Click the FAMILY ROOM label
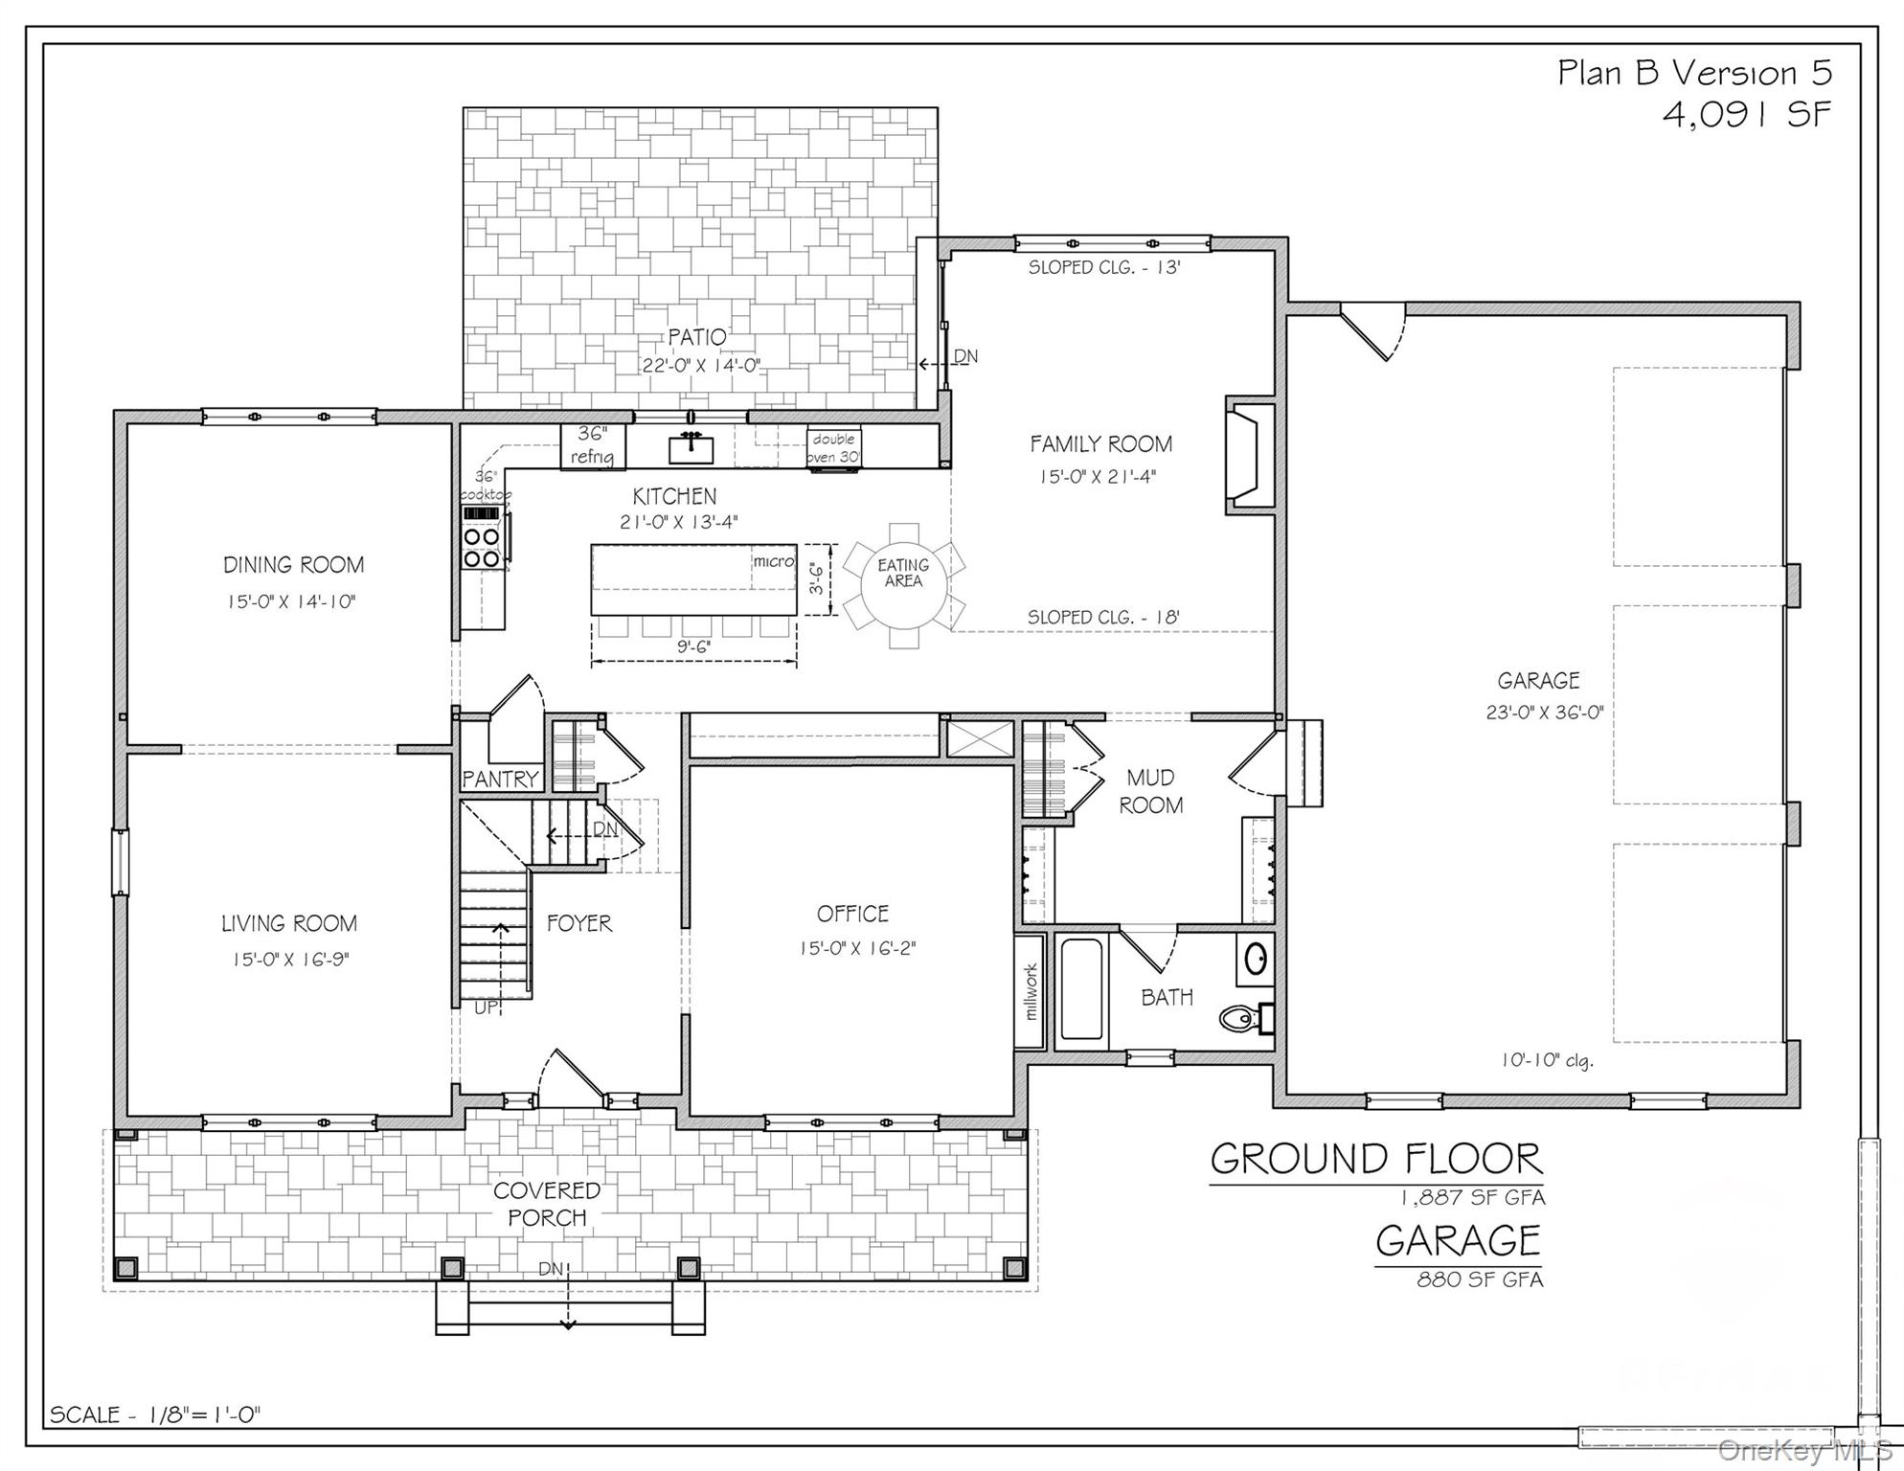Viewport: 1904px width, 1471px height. point(1100,444)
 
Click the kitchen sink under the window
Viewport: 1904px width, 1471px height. point(691,447)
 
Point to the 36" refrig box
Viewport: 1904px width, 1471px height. point(592,446)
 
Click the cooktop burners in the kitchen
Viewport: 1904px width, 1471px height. point(481,547)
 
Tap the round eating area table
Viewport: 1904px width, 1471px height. point(902,585)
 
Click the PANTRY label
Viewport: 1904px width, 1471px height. point(500,780)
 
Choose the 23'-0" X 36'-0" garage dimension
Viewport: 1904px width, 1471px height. point(1544,713)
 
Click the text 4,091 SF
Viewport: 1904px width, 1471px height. point(1746,115)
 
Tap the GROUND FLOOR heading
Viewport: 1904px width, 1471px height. point(1376,1160)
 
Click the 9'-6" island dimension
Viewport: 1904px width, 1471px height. point(694,647)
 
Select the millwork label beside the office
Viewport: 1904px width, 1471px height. point(1031,991)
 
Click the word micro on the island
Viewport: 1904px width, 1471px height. point(773,561)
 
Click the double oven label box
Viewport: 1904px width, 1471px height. point(834,447)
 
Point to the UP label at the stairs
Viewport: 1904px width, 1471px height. point(487,1007)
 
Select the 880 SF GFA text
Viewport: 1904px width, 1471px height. point(1480,1279)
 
